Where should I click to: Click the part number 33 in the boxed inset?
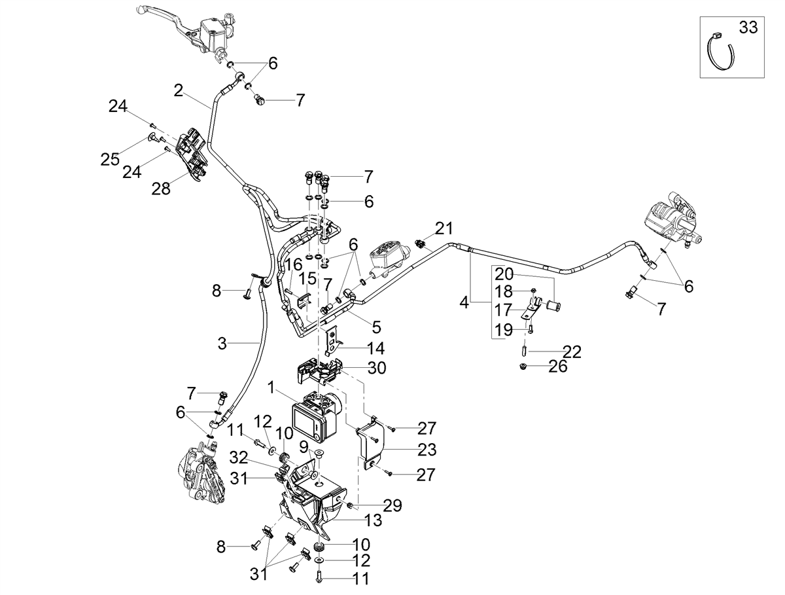(748, 27)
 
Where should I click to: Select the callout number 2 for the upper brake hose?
(178, 90)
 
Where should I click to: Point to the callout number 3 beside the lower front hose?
(222, 344)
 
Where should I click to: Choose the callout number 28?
(161, 189)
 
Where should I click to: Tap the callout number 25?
(110, 159)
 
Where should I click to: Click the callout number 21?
(444, 228)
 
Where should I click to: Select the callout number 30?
(377, 367)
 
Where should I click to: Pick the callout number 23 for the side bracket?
(427, 450)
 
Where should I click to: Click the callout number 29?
(392, 505)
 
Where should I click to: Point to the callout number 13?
(373, 520)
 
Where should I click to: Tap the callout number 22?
(572, 352)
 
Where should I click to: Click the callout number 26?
(558, 366)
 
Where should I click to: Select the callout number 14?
(375, 348)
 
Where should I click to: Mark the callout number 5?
(377, 327)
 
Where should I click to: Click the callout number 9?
(304, 446)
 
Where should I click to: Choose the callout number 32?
(239, 457)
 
